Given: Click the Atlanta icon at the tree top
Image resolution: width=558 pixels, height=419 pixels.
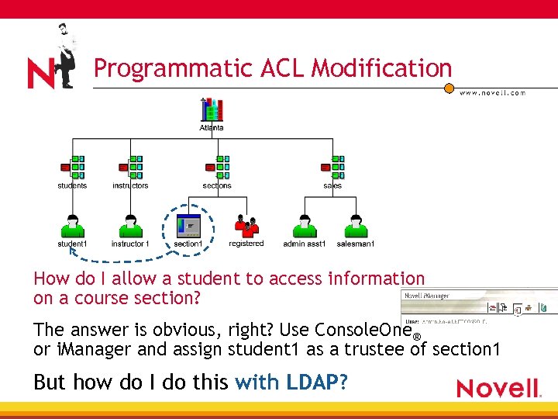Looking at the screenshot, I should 212,110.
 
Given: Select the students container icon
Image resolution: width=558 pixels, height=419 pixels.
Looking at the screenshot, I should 72,168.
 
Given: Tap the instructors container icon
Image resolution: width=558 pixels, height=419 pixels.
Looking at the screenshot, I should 130,168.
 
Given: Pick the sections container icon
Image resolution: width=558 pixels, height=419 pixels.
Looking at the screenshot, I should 217,168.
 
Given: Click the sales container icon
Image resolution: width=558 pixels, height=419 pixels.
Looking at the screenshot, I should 332,168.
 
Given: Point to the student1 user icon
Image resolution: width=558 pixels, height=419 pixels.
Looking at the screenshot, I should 72,226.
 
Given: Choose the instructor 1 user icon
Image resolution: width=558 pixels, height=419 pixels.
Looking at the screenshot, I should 130,226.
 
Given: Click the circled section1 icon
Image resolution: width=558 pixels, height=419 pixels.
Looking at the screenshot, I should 188,226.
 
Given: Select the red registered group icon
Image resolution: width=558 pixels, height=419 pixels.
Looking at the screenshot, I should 246,226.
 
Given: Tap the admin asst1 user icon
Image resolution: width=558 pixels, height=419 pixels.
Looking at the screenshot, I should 305,226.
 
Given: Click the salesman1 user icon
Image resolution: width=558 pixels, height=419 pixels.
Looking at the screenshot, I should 356,226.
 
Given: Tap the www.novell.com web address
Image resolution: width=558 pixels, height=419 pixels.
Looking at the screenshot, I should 492,93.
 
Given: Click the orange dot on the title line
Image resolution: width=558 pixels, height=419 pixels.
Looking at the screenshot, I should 449,88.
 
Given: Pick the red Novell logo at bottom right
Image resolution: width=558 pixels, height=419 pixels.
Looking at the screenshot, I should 498,387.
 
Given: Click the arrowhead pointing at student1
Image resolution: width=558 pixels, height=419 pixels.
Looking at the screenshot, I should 71,249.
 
